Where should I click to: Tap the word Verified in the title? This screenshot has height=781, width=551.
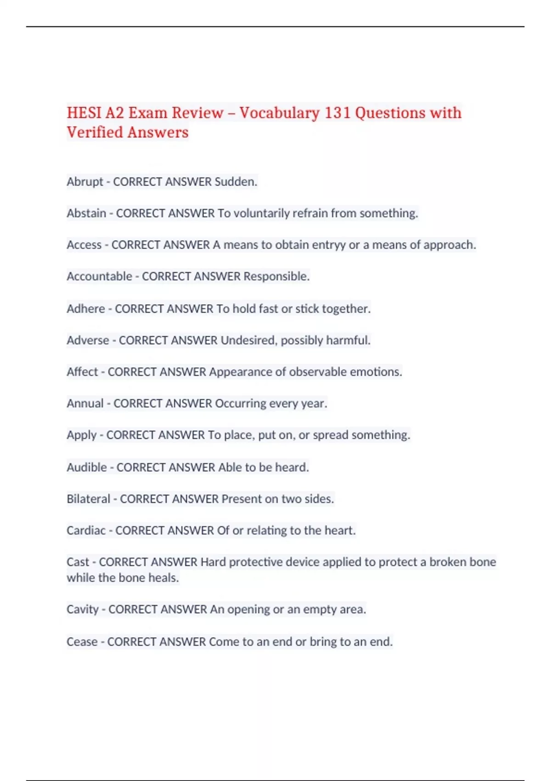pyautogui.click(x=95, y=132)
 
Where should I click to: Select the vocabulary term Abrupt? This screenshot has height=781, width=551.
pyautogui.click(x=85, y=182)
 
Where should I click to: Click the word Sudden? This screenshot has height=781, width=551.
pyautogui.click(x=236, y=182)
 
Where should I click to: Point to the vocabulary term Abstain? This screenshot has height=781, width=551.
pyautogui.click(x=86, y=213)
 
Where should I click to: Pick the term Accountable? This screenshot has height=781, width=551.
pyautogui.click(x=99, y=276)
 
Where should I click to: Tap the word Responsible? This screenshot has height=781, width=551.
pyautogui.click(x=276, y=276)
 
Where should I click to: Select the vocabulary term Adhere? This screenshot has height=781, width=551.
pyautogui.click(x=86, y=309)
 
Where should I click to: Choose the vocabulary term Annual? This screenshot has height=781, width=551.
pyautogui.click(x=85, y=403)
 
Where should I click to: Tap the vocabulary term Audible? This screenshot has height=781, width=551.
pyautogui.click(x=87, y=467)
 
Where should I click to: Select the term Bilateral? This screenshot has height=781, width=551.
pyautogui.click(x=88, y=499)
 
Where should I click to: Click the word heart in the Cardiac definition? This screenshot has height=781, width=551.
pyautogui.click(x=340, y=531)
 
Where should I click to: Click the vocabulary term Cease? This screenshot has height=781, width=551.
pyautogui.click(x=82, y=642)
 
